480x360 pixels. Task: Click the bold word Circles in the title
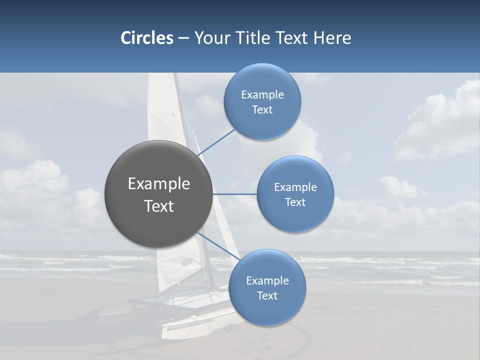[x=146, y=38]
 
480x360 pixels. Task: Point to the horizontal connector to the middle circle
[x=234, y=194]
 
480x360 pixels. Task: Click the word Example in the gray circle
[x=158, y=184]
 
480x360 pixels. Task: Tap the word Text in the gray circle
[x=158, y=206]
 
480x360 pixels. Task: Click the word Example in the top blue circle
[x=262, y=95]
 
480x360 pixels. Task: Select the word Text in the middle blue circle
[x=295, y=202]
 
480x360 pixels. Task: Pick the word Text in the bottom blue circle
[x=267, y=295]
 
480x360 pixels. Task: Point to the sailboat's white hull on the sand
[x=195, y=320]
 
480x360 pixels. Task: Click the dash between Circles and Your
[x=183, y=38]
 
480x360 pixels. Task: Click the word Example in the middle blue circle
[x=295, y=187]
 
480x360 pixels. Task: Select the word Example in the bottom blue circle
[x=267, y=281]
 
